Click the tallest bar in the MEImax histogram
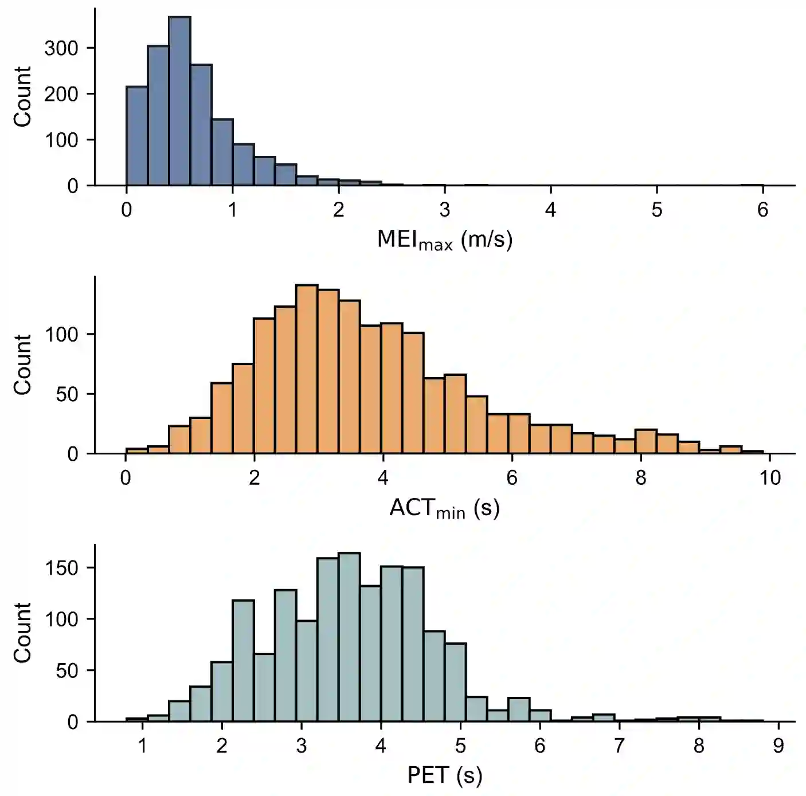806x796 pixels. point(179,103)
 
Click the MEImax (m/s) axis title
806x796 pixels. point(444,240)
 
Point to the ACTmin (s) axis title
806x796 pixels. point(444,508)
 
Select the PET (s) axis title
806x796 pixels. point(444,775)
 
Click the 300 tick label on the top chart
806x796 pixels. point(61,48)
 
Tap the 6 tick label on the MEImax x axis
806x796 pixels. point(762,210)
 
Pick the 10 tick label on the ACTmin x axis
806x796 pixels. point(770,477)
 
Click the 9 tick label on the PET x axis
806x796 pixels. point(778,746)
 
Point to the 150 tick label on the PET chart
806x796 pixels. point(61,568)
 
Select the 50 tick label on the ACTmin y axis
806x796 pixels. point(67,394)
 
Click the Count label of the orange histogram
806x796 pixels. point(22,365)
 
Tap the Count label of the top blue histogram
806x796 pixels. point(22,96)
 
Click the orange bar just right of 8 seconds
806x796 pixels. point(645,442)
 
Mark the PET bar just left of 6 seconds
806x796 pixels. point(519,709)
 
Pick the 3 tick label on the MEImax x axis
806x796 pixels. point(445,210)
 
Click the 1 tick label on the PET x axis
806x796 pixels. point(142,746)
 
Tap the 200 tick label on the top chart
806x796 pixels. point(61,94)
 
